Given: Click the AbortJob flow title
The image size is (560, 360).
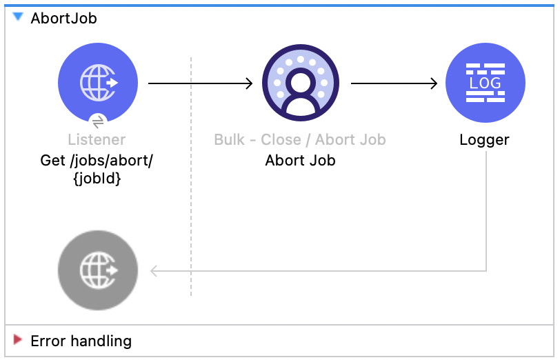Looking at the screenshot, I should pyautogui.click(x=63, y=19).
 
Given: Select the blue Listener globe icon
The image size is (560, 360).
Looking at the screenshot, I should pyautogui.click(x=98, y=83).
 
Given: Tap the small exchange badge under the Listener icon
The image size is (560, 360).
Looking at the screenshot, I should pyautogui.click(x=98, y=121).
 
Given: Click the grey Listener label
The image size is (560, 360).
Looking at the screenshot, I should pyautogui.click(x=97, y=140).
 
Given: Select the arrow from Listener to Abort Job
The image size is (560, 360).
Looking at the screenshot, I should pyautogui.click(x=200, y=83).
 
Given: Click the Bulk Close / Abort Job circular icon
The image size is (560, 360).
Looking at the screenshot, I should pyautogui.click(x=300, y=83).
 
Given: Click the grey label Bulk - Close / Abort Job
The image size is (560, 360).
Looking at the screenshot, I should pyautogui.click(x=300, y=140).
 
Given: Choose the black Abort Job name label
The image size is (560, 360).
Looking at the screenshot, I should pyautogui.click(x=300, y=161).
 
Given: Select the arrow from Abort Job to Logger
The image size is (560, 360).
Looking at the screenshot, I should pyautogui.click(x=394, y=83).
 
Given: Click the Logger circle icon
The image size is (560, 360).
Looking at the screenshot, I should pyautogui.click(x=486, y=83).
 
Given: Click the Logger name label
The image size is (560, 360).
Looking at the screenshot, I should pyautogui.click(x=484, y=140).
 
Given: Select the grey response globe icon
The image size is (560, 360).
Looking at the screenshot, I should pyautogui.click(x=98, y=270).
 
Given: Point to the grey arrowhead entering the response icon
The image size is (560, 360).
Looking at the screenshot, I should pyautogui.click(x=154, y=270).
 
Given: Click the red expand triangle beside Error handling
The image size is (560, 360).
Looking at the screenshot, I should pyautogui.click(x=18, y=339).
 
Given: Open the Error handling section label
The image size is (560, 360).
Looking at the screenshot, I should pyautogui.click(x=81, y=341).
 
